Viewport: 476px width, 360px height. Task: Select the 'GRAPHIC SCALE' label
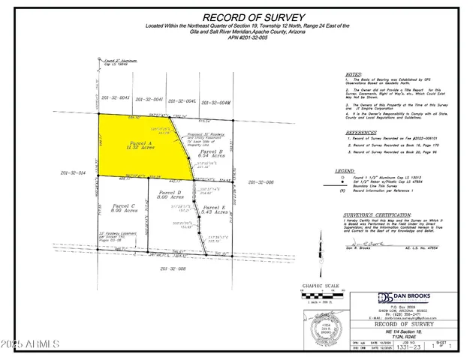(x=316, y=285)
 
